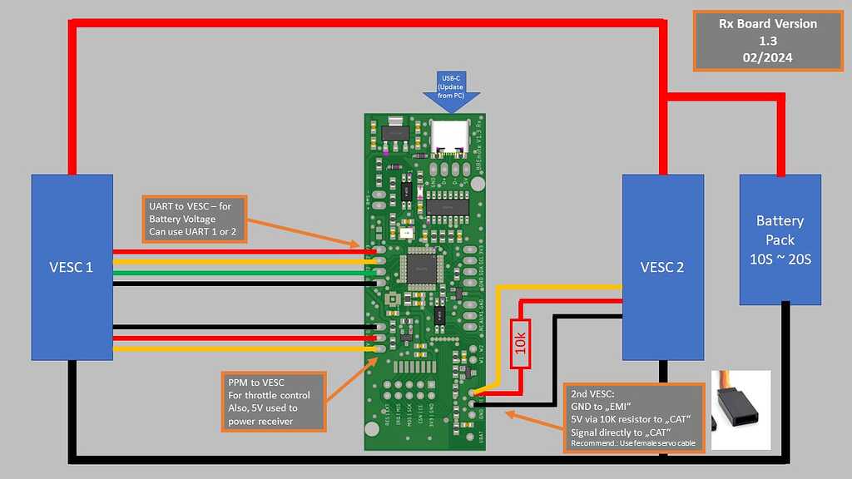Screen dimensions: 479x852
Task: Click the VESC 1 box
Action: pyautogui.click(x=72, y=267)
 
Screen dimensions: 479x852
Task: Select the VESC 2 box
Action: pyautogui.click(x=663, y=267)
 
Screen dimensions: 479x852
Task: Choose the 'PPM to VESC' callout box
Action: pyautogui.click(x=274, y=402)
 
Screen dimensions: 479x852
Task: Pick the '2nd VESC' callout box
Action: pyautogui.click(x=633, y=418)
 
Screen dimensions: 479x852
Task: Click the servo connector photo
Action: pyautogui.click(x=741, y=410)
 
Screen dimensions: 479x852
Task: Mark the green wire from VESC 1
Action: pyautogui.click(x=241, y=272)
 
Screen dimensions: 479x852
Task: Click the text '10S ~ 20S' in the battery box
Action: pyautogui.click(x=780, y=259)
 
